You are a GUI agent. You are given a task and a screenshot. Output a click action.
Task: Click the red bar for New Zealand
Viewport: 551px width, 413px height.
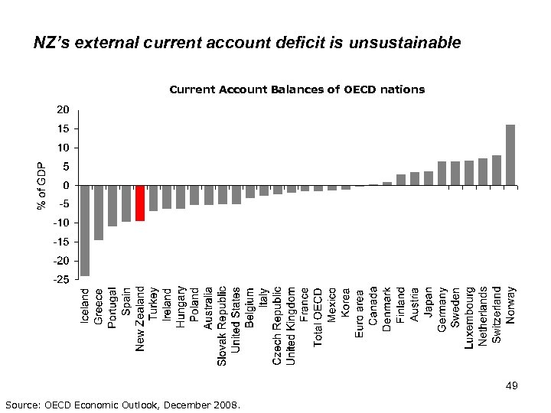click(140, 203)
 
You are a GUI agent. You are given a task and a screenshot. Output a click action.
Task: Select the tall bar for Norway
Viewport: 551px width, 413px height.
click(510, 154)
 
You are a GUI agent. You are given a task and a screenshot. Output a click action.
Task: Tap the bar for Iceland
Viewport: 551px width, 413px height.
click(85, 230)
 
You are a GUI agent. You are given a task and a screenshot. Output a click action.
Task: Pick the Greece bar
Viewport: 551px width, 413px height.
click(99, 213)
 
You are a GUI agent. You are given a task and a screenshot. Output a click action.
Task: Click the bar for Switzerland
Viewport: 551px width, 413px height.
click(497, 170)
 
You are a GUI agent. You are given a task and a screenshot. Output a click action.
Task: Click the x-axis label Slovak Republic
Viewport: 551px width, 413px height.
click(222, 325)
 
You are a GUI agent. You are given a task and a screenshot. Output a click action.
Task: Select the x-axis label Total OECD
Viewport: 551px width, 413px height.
click(318, 316)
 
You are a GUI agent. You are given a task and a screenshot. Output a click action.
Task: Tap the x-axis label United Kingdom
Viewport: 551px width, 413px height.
click(291, 325)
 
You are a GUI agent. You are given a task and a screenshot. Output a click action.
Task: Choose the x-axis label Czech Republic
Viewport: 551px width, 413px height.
click(277, 325)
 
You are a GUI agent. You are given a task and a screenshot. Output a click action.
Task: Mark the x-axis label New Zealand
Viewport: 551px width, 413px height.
click(140, 319)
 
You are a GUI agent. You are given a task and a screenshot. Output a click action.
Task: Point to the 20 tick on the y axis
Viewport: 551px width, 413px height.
click(63, 109)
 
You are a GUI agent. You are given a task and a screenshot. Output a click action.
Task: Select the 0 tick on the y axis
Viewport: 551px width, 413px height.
click(67, 185)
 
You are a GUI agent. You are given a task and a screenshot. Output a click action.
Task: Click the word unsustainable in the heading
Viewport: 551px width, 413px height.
click(405, 43)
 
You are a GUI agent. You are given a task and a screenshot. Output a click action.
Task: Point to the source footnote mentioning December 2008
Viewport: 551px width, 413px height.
click(122, 404)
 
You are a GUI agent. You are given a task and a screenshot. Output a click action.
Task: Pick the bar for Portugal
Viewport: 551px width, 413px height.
click(112, 206)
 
